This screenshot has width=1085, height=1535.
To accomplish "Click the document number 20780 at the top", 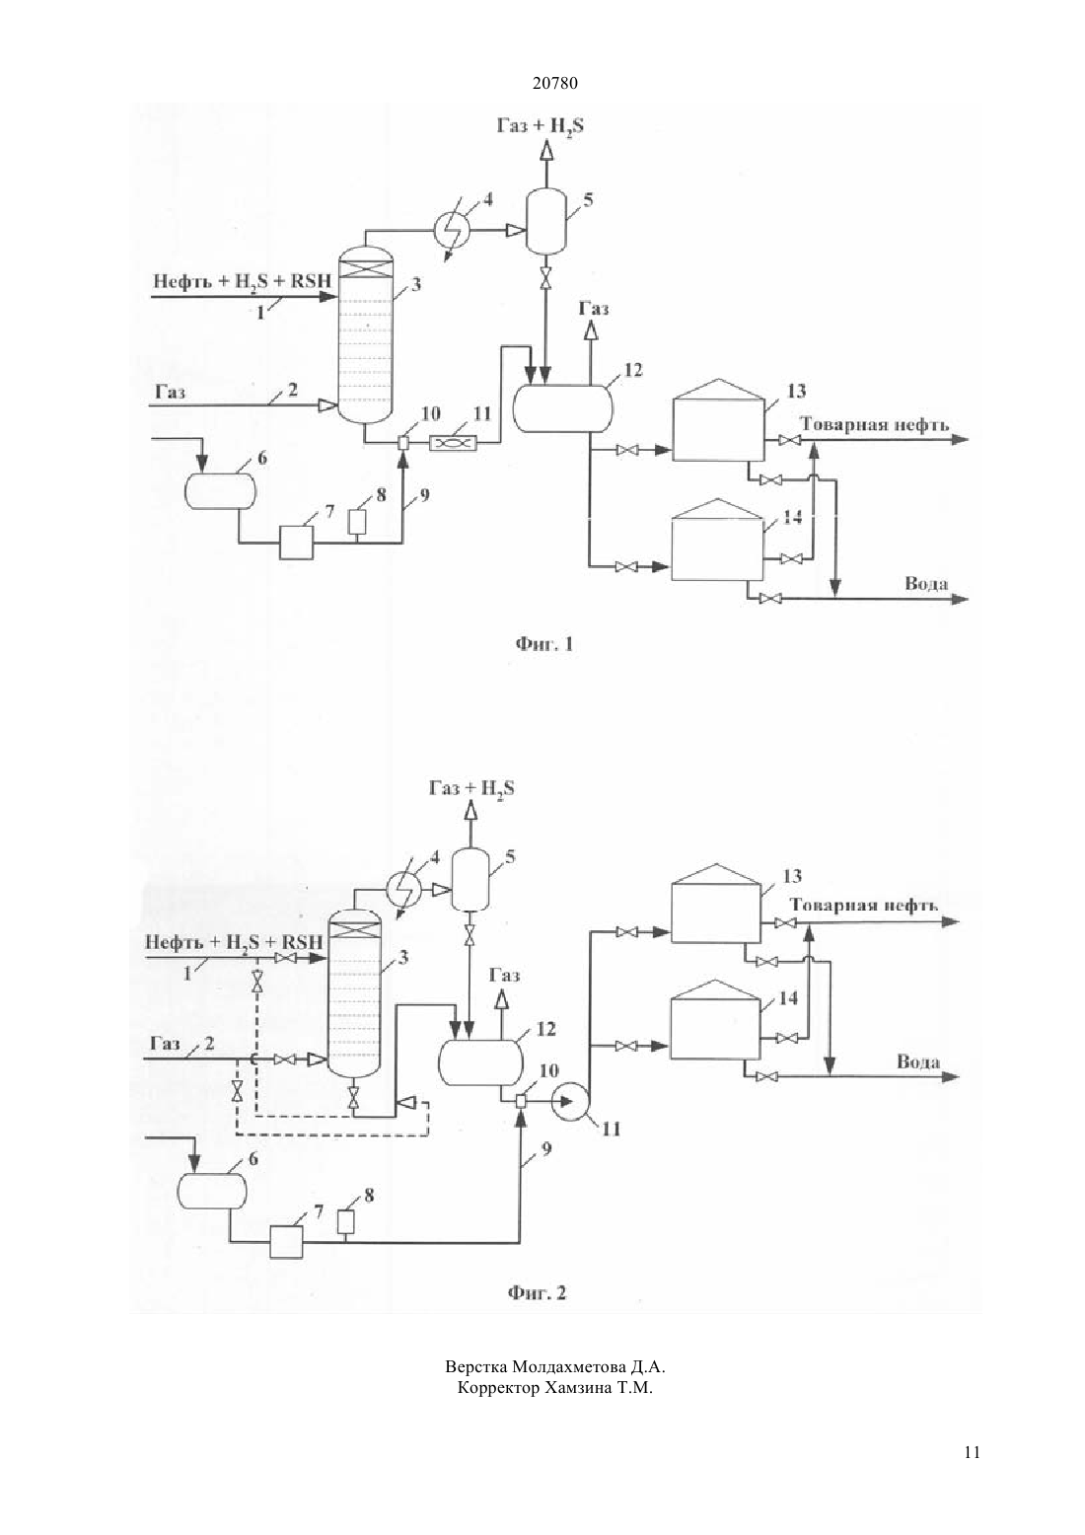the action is tap(554, 83).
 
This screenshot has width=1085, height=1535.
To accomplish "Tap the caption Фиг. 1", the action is tap(544, 644).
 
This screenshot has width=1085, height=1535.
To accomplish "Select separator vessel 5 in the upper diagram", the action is tap(545, 221).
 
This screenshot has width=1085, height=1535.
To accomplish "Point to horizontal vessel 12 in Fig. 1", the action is tap(563, 408).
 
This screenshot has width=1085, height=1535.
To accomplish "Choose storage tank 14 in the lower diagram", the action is tap(716, 1028).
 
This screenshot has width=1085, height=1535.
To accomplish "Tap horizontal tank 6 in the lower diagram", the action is tap(212, 1192).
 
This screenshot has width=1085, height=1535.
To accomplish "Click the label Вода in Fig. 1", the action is tap(927, 584).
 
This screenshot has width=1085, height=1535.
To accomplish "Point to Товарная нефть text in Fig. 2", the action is tap(864, 906).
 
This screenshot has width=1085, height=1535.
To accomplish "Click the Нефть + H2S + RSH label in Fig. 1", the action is tap(242, 281).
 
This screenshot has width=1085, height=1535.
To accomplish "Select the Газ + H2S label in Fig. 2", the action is tap(471, 789).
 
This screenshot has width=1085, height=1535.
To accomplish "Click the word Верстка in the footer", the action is tap(475, 1367).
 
